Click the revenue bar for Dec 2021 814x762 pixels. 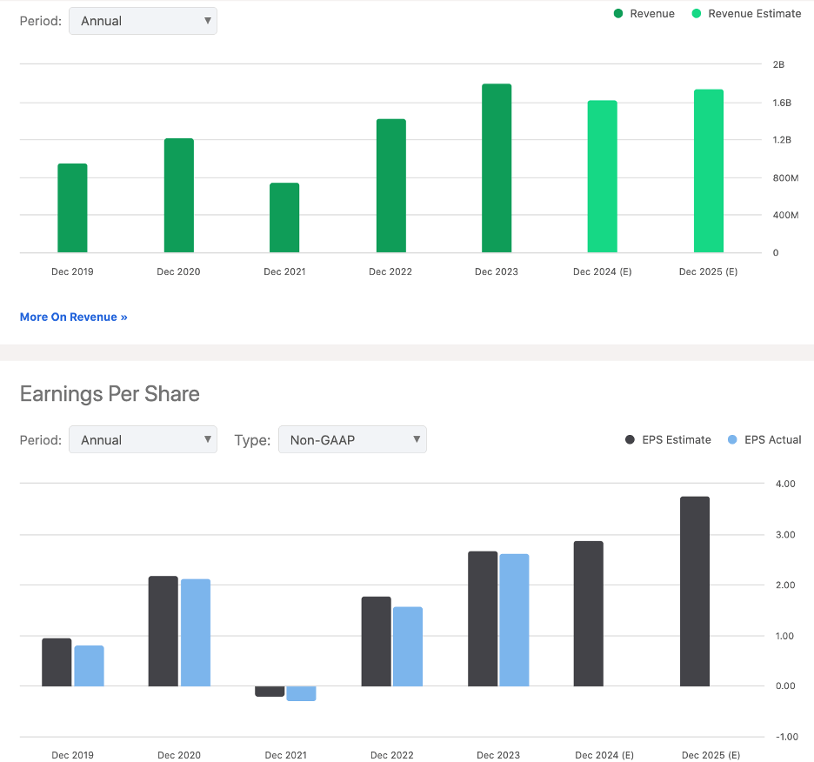pyautogui.click(x=284, y=217)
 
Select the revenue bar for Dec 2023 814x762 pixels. pyautogui.click(x=497, y=169)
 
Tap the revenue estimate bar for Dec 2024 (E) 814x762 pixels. pyautogui.click(x=603, y=177)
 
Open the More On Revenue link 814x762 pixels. pyautogui.click(x=74, y=317)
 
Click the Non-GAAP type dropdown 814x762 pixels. pyautogui.click(x=352, y=440)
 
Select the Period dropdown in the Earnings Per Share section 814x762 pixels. pyautogui.click(x=143, y=440)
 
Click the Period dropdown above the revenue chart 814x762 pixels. pyautogui.click(x=143, y=21)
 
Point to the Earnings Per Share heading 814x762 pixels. pyautogui.click(x=110, y=394)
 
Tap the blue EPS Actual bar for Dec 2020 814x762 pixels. pyautogui.click(x=196, y=632)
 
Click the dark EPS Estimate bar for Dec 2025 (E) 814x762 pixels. pyautogui.click(x=695, y=592)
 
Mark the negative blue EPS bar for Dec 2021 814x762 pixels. pyautogui.click(x=302, y=693)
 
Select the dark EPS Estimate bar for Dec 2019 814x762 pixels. pyautogui.click(x=57, y=663)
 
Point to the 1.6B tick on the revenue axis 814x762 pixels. pyautogui.click(x=782, y=103)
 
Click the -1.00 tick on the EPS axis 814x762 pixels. pyautogui.click(x=786, y=737)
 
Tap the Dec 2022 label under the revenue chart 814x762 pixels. pyautogui.click(x=390, y=271)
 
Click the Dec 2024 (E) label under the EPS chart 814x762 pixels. pyautogui.click(x=602, y=755)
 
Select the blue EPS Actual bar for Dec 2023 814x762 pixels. pyautogui.click(x=514, y=620)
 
